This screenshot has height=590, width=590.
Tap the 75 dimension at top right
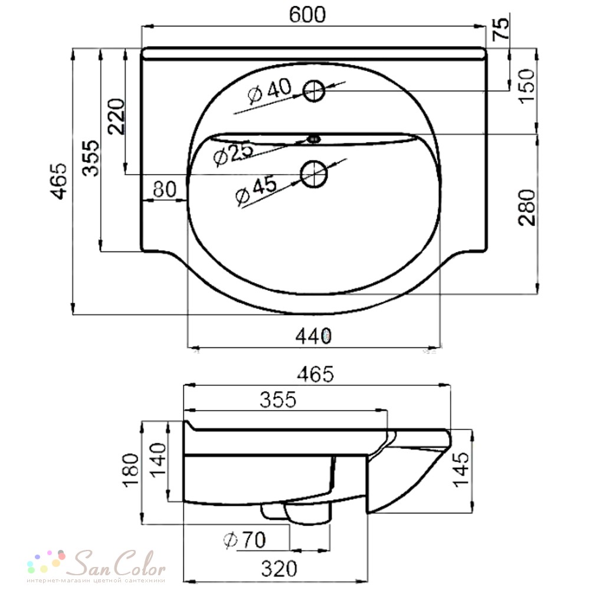501,29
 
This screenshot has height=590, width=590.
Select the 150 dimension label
526,86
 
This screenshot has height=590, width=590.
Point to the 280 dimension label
526,207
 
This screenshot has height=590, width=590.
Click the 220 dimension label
116,116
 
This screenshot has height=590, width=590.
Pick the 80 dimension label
165,189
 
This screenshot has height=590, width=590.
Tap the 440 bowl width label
314,336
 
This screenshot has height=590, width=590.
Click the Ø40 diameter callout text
270,90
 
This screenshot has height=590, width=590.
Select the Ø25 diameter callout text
233,153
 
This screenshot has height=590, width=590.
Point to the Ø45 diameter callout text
256,191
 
